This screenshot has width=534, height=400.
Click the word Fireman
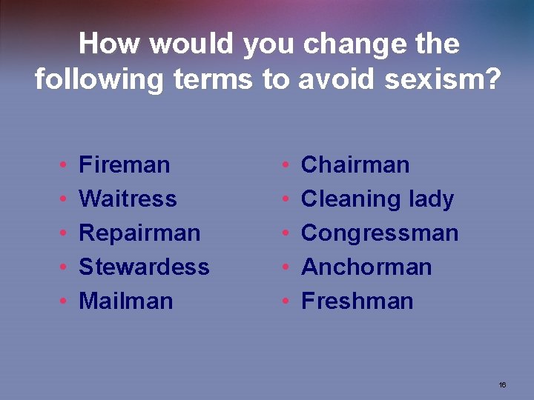[x=124, y=164]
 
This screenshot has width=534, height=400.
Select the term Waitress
[x=128, y=199]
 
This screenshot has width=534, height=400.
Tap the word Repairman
[x=139, y=233]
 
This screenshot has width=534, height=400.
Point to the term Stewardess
[x=144, y=267]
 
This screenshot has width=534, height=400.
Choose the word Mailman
[x=125, y=301]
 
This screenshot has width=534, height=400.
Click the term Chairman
[x=355, y=164]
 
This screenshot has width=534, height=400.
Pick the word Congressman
[x=380, y=233]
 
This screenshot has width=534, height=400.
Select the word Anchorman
[x=366, y=267]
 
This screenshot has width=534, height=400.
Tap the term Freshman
[x=357, y=301]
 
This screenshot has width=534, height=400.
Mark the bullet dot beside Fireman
[x=65, y=165]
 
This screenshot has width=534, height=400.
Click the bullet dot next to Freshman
[x=287, y=301]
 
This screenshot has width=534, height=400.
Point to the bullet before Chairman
[x=287, y=165]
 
